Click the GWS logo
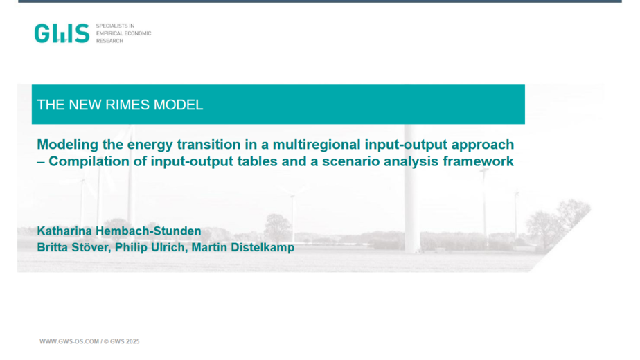coord(62,33)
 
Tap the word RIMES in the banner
coord(127,105)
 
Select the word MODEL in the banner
coord(178,105)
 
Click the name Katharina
coord(64,231)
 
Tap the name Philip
coord(129,247)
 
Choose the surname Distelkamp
coord(263,247)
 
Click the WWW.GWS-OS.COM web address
coord(69,341)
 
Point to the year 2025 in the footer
coord(133,341)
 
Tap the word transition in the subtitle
coord(208,145)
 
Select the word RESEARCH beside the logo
coord(109,41)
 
